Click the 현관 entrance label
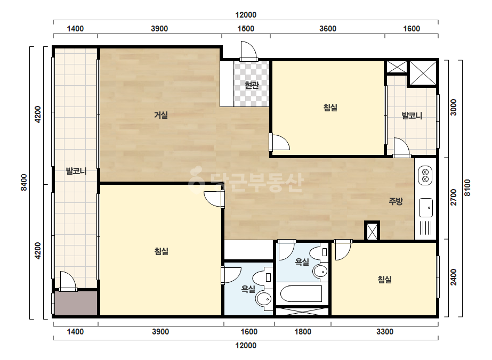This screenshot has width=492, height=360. click(x=252, y=85)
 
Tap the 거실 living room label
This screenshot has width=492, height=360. click(x=160, y=115)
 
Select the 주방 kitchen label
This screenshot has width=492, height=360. click(x=396, y=201)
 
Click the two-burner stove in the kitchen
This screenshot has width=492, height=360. click(x=425, y=176)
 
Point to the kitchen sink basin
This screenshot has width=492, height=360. click(x=426, y=208)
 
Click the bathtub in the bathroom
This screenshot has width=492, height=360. click(x=301, y=293)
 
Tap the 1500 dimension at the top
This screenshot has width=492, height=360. click(x=246, y=29)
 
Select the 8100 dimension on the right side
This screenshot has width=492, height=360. click(x=467, y=187)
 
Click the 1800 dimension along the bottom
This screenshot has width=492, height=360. click(x=303, y=332)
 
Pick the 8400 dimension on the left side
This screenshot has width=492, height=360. click(x=23, y=182)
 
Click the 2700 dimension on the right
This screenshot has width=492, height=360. click(x=454, y=197)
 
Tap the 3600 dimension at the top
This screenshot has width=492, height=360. click(x=328, y=29)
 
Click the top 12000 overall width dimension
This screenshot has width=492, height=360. click(x=246, y=15)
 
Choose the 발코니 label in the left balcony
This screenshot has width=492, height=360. click(x=76, y=171)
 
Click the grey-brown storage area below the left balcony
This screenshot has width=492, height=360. click(x=76, y=303)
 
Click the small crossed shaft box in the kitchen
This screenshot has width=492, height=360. click(x=372, y=231)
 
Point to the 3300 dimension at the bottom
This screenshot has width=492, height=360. click(x=385, y=332)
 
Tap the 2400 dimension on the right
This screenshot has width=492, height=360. click(x=454, y=277)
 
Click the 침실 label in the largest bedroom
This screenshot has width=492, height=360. click(x=162, y=251)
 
